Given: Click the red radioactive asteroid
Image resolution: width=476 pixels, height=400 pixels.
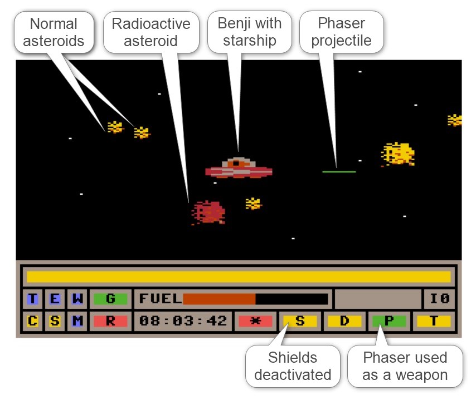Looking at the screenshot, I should pyautogui.click(x=208, y=212).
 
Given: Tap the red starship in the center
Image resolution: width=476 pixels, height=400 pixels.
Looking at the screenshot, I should pyautogui.click(x=239, y=167).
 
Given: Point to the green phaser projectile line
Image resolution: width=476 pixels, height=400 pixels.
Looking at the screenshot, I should pyautogui.click(x=339, y=171).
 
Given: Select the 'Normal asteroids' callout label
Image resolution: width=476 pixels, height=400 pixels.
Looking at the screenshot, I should pyautogui.click(x=54, y=32).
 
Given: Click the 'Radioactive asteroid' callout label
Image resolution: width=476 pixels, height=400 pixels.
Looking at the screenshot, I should pyautogui.click(x=151, y=32).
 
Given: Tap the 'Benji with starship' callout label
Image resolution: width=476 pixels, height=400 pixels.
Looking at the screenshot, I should pyautogui.click(x=249, y=32).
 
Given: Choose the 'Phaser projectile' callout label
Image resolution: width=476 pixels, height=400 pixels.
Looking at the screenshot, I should pyautogui.click(x=341, y=32).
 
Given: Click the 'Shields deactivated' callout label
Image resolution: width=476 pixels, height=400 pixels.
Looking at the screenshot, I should pyautogui.click(x=293, y=366).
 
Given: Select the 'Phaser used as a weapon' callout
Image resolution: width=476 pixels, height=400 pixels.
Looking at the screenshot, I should pyautogui.click(x=405, y=366).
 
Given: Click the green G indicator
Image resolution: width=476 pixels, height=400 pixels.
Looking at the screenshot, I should pyautogui.click(x=110, y=299).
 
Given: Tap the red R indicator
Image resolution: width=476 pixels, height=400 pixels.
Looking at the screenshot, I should pyautogui.click(x=110, y=321).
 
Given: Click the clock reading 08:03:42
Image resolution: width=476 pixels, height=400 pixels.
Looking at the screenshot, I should pyautogui.click(x=183, y=321).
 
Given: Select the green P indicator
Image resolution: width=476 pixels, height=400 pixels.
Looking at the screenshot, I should pyautogui.click(x=389, y=321).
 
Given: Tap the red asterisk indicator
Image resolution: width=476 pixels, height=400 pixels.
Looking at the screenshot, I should pyautogui.click(x=255, y=321).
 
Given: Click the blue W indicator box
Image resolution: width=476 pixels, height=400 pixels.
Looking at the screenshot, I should pyautogui.click(x=77, y=299).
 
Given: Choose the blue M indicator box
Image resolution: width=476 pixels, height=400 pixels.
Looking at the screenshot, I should pyautogui.click(x=77, y=321).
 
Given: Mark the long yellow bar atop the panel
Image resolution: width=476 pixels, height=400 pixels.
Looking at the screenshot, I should pyautogui.click(x=239, y=276).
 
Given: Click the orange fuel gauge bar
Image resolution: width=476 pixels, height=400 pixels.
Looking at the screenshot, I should pyautogui.click(x=219, y=299).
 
